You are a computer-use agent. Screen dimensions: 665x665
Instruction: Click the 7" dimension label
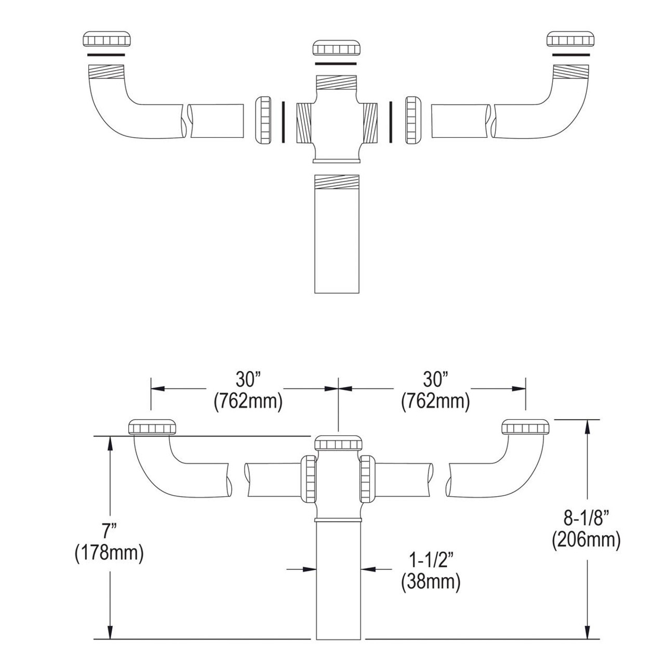[x=109, y=531]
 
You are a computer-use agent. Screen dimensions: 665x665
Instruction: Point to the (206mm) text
[x=586, y=540]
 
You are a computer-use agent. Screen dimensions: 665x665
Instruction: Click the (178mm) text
[x=109, y=553]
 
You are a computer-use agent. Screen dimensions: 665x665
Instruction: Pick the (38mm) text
[x=431, y=582]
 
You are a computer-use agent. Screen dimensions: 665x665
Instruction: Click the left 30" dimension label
[x=247, y=380]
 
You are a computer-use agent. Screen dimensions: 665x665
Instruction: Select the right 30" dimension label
[x=435, y=380]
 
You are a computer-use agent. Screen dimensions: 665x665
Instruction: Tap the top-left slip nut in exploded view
[x=107, y=39]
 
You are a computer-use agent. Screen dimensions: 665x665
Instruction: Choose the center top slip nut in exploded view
[x=337, y=48]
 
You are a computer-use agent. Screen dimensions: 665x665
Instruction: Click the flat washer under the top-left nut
[x=107, y=54]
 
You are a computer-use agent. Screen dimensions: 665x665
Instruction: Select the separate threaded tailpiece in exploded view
[x=337, y=234]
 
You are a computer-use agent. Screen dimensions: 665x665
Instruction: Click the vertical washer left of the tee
[x=283, y=122]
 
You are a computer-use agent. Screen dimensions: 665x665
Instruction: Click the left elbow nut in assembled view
[x=153, y=427]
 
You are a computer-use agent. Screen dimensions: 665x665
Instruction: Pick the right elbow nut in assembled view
[x=525, y=427]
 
